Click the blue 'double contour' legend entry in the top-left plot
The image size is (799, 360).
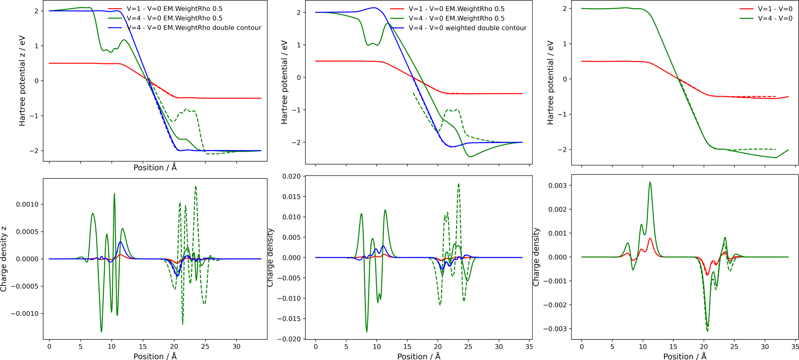[x=194, y=28]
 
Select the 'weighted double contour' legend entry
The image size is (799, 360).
[x=467, y=28]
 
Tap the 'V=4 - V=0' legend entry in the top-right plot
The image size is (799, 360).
[x=775, y=18]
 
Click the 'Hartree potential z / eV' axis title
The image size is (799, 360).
[x=22, y=81]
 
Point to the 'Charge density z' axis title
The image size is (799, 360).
[x=4, y=259]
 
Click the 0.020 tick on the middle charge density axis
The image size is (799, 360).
[x=291, y=176]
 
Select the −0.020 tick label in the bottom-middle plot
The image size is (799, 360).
[x=289, y=339]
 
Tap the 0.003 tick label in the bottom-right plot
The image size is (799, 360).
[x=558, y=186]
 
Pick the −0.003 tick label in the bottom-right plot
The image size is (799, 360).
[x=555, y=329]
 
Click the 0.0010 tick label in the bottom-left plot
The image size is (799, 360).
[x=27, y=204]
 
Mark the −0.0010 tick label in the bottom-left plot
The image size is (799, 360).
[x=25, y=314]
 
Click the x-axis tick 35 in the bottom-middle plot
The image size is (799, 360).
[x=529, y=347]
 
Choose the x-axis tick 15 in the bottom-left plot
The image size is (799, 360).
[x=143, y=347]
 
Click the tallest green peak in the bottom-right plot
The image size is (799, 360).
[x=650, y=183]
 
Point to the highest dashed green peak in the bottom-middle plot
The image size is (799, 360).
[x=459, y=184]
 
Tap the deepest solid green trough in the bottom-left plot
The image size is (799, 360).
[x=101, y=331]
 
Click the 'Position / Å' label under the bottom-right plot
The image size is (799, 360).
[x=685, y=356]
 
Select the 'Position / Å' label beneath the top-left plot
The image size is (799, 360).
[x=155, y=168]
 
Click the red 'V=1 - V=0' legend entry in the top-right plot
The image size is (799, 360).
[x=775, y=9]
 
